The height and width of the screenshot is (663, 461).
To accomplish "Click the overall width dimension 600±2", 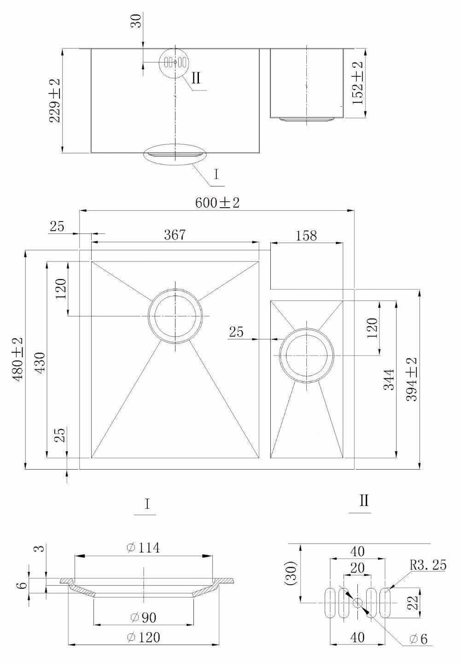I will pos(217,203).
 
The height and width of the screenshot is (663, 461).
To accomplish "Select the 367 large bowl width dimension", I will pos(175,235).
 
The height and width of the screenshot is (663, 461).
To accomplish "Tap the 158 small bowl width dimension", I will pos(306,236).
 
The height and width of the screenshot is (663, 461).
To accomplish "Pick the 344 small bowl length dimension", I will pos(389,379).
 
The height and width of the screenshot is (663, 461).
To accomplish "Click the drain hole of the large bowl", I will pos(175,316).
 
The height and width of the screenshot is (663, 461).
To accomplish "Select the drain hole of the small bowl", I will pos(307,356).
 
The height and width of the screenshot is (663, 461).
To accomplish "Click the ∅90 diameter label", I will pos(143,617).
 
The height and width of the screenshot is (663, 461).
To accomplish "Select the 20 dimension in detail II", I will pos(357,569).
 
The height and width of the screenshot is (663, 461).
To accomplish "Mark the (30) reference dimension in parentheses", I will pos(291,573).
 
